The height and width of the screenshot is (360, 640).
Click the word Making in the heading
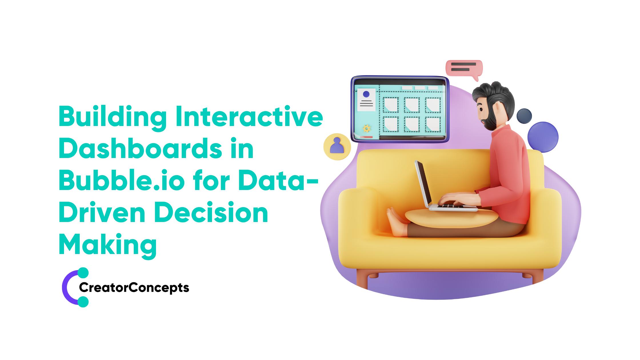(108, 245)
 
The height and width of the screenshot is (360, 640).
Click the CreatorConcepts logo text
(134, 287)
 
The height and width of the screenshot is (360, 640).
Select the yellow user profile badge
(337, 147)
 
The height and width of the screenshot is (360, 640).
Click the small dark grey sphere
(524, 116)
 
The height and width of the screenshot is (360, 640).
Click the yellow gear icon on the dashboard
(367, 128)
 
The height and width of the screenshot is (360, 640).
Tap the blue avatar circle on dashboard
(366, 94)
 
